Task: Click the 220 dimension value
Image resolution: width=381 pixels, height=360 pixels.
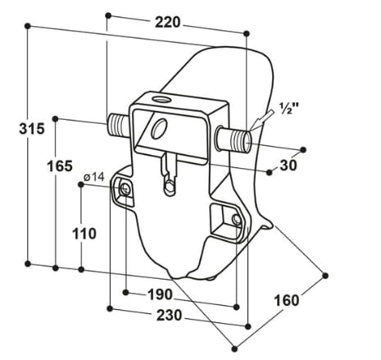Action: pyautogui.click(x=167, y=23)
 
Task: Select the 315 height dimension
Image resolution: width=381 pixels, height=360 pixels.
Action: pyautogui.click(x=14, y=129)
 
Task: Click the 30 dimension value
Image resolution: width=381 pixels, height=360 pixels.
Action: pyautogui.click(x=288, y=165)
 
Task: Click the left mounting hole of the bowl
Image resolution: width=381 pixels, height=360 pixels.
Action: pyautogui.click(x=126, y=190)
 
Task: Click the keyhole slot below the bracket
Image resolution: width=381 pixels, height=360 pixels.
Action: pyautogui.click(x=170, y=180)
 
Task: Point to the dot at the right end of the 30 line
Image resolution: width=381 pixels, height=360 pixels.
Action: pyautogui.click(x=305, y=149)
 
